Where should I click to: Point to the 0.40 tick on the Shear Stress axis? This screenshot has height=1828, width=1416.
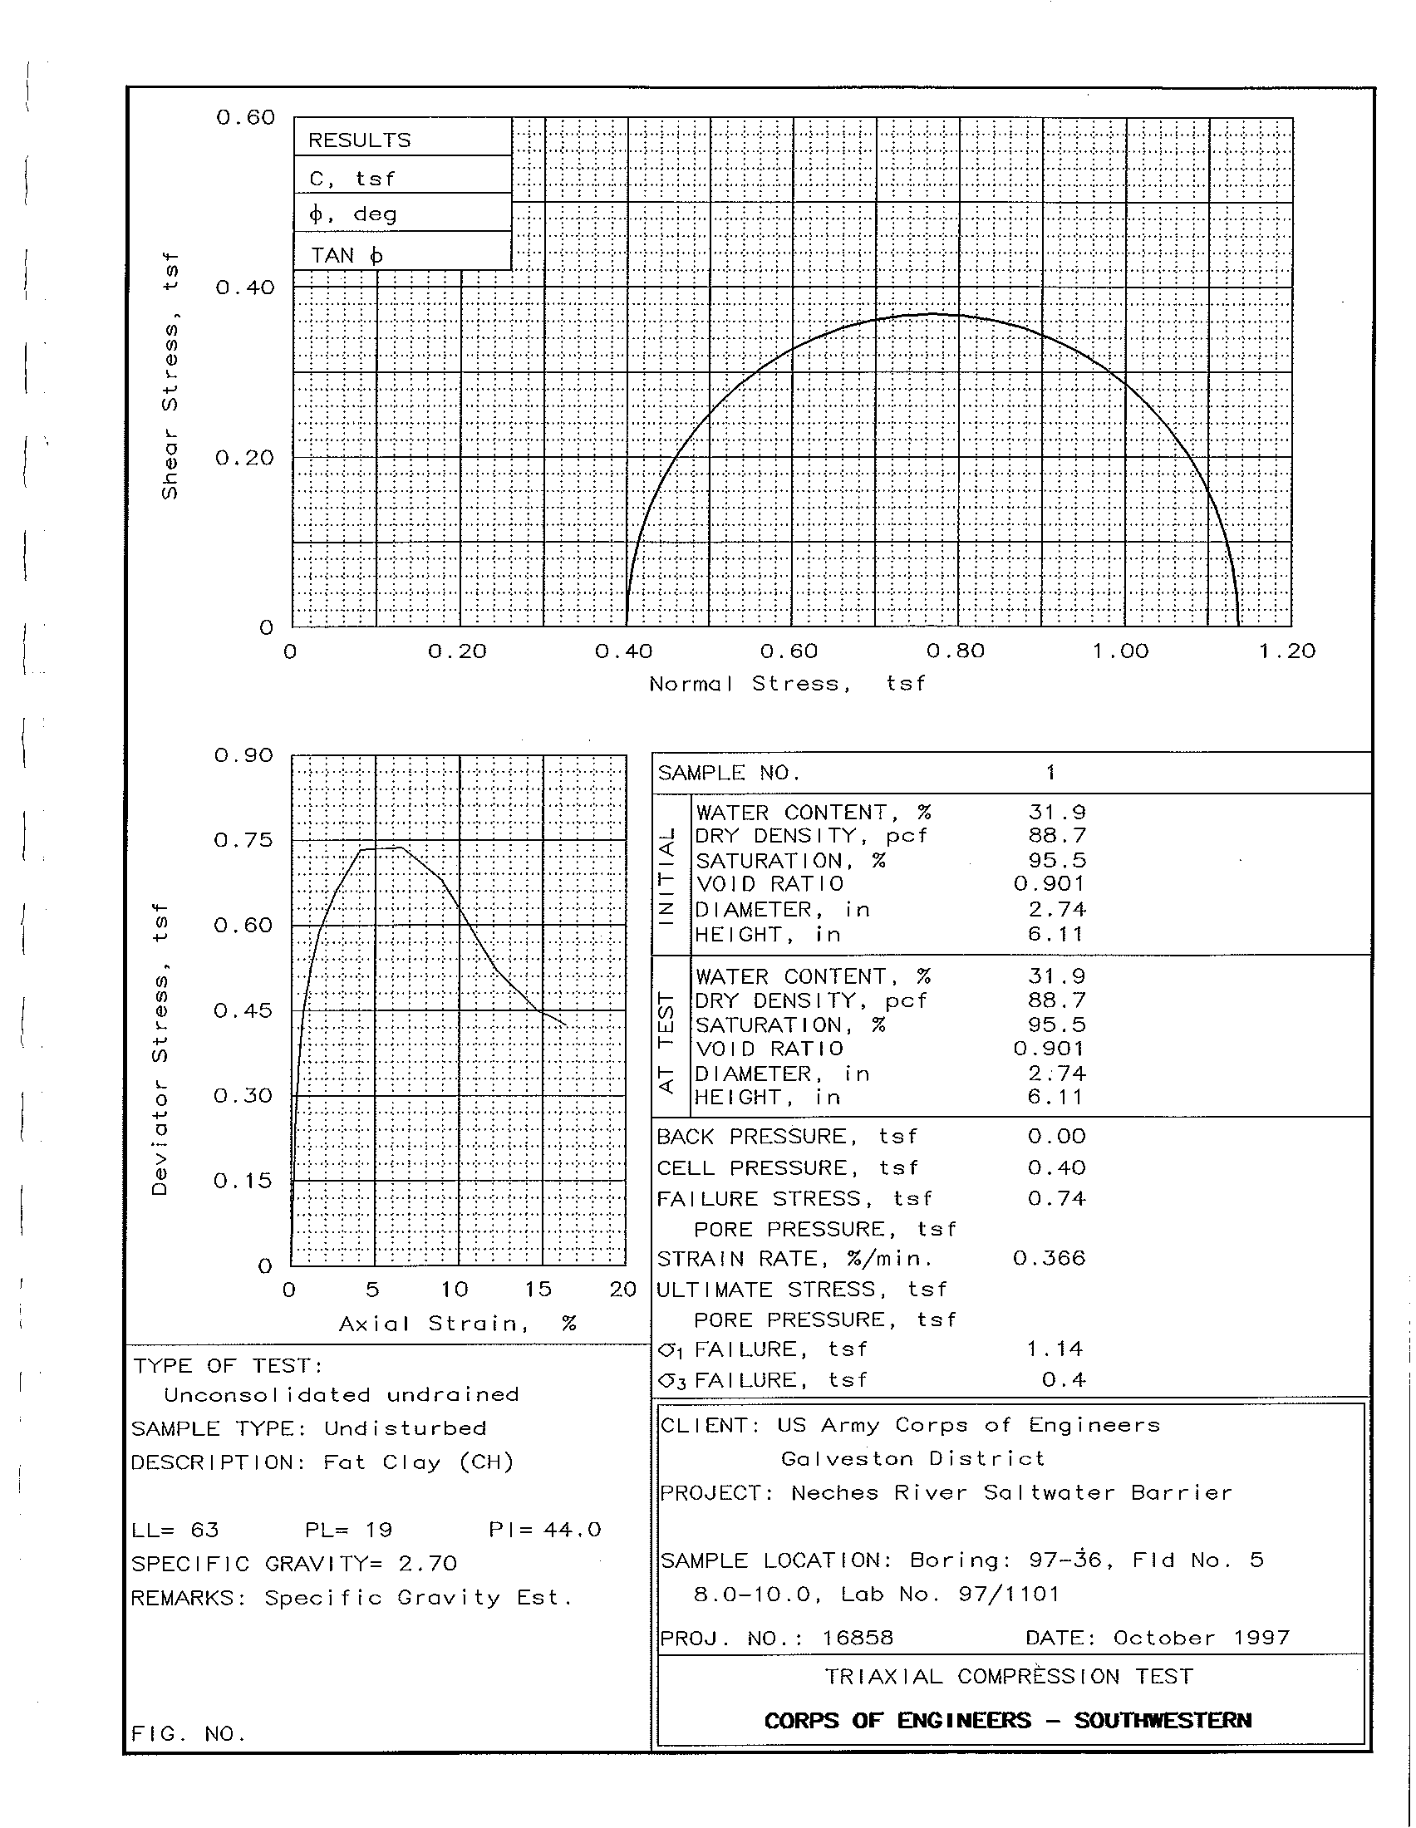coord(244,288)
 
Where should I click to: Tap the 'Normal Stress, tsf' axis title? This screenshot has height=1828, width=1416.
coord(787,684)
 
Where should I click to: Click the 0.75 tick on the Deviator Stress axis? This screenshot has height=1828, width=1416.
coord(243,840)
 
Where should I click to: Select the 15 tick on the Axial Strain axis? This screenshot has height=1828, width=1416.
coord(538,1290)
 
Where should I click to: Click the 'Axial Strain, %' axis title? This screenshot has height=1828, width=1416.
coord(457,1324)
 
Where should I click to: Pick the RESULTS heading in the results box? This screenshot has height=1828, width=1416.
coord(360,140)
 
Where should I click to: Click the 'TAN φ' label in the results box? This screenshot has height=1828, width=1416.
coord(347,255)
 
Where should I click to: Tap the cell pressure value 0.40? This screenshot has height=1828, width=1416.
coord(1056,1167)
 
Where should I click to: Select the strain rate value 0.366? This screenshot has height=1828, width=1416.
coord(1049,1259)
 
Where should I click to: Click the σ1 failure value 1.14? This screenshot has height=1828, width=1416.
coord(1055,1349)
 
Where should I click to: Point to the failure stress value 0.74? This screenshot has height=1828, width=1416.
coord(1056,1198)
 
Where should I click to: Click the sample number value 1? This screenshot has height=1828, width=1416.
coord(1051,773)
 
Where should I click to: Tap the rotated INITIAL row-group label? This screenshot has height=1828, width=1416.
coord(667,875)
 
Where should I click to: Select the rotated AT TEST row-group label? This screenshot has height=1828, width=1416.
coord(667,1042)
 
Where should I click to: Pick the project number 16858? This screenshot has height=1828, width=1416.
coord(858,1638)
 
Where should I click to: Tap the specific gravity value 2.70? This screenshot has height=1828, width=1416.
coord(428,1564)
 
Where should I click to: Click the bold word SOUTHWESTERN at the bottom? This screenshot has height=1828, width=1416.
coord(1163,1720)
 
